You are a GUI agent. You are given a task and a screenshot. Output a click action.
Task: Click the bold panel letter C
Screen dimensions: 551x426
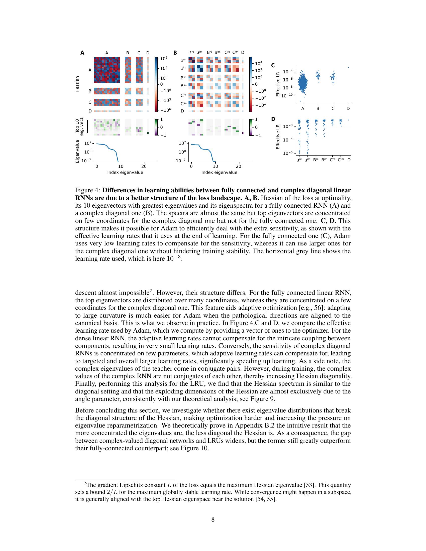coord(273,66)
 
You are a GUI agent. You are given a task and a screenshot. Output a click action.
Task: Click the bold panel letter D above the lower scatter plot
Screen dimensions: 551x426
coord(273,119)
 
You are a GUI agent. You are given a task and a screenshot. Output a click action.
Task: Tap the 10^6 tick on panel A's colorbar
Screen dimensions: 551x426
coord(164,59)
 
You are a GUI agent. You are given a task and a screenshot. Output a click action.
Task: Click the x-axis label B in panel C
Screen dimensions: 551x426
coord(318,108)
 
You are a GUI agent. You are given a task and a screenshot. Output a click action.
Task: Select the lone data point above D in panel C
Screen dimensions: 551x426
coord(348,67)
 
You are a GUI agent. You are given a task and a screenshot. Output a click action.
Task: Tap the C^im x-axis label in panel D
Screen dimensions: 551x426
coord(341,160)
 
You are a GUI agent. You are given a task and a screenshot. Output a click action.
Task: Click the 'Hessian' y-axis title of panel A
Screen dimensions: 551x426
coord(77,84)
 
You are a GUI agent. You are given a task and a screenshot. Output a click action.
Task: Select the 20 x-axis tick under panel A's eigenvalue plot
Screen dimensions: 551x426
coord(144,167)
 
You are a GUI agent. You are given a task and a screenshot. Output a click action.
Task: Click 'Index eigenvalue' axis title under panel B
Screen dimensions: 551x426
coord(219,173)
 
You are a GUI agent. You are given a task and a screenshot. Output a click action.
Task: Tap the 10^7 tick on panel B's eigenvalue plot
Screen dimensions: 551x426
coord(182,143)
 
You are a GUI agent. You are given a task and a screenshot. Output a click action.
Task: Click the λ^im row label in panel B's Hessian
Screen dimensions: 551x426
coord(183,68)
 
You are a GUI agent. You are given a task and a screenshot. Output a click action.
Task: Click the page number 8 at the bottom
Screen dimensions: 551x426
coord(213,519)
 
